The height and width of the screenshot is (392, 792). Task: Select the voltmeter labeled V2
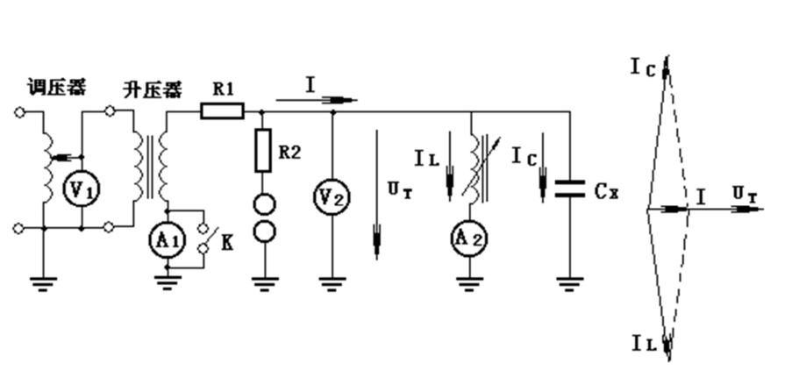(x=332, y=198)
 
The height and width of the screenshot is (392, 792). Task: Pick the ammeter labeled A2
(x=471, y=238)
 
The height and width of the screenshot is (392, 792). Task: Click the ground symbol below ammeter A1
(x=167, y=282)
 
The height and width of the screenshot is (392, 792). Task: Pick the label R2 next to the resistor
(x=290, y=150)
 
